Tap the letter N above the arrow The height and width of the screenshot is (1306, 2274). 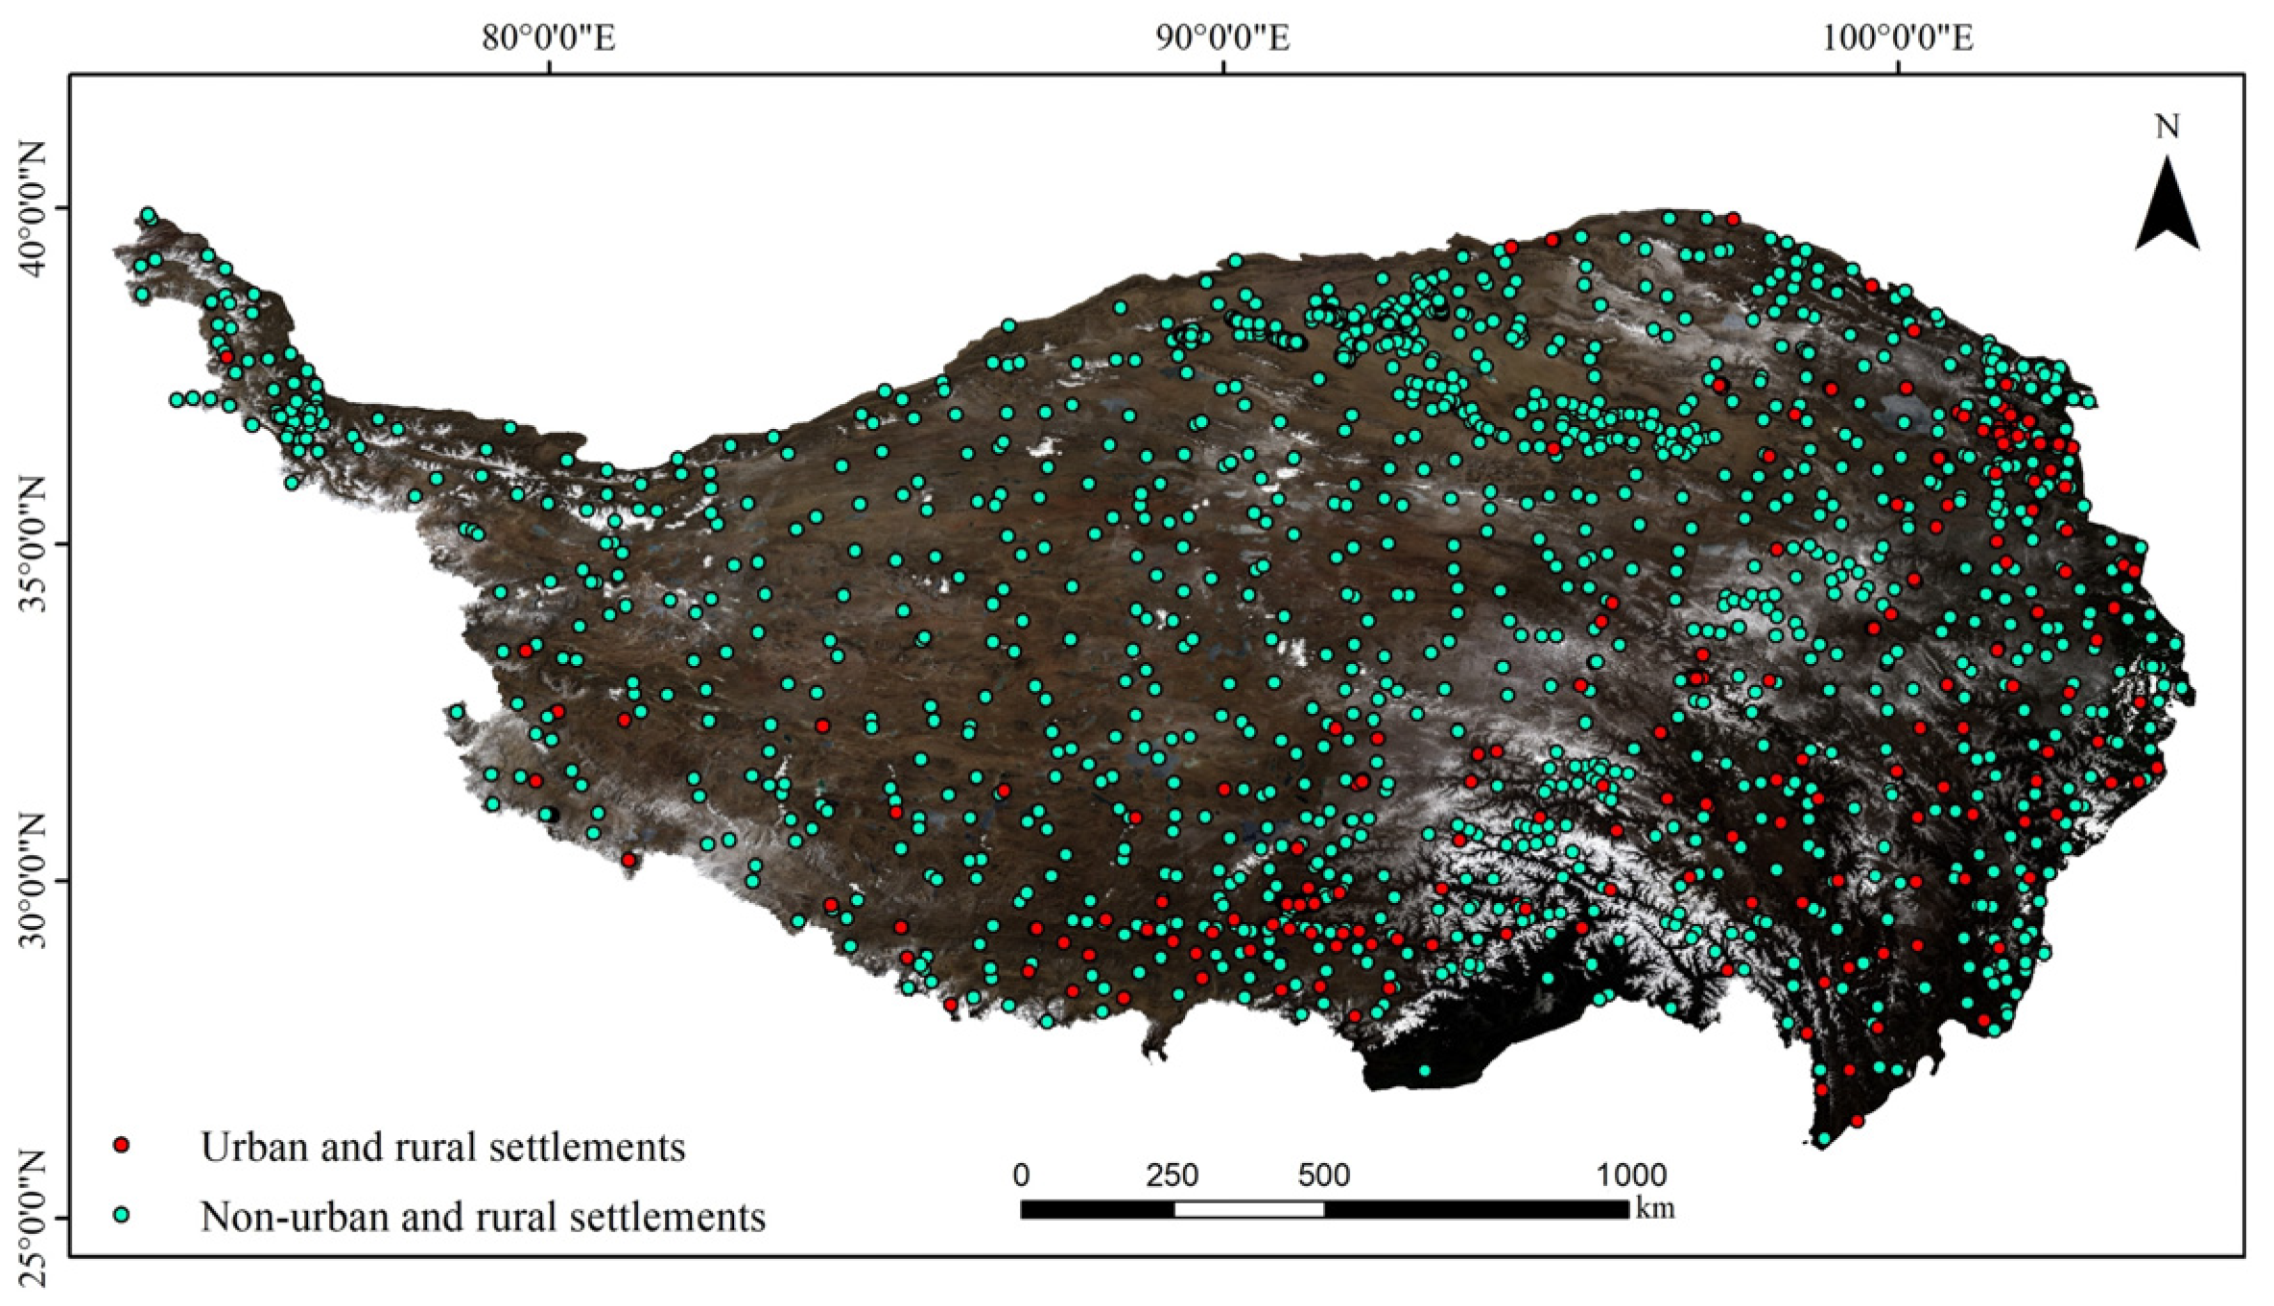[x=2167, y=128]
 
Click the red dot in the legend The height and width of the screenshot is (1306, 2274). [x=122, y=1145]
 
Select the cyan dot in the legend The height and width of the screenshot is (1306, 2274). [x=122, y=1215]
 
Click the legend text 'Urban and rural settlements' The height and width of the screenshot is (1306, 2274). [x=442, y=1147]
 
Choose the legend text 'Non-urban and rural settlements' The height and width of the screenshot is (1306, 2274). [x=483, y=1217]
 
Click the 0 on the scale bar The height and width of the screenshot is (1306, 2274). [x=1021, y=1175]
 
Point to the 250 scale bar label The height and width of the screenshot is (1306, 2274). [x=1173, y=1175]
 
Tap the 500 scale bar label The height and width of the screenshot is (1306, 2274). [x=1323, y=1175]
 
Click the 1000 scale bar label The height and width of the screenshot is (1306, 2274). [x=1630, y=1175]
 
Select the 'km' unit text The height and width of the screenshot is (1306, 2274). [x=1655, y=1208]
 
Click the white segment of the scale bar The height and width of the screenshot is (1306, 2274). [x=1248, y=1209]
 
